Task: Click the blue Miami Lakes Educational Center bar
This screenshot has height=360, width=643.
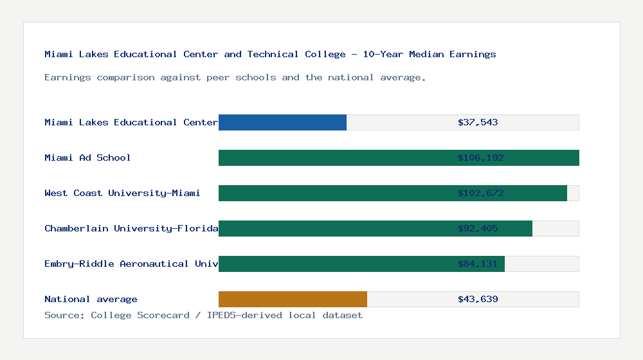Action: (282, 122)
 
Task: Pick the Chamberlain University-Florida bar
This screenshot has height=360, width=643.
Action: (334, 228)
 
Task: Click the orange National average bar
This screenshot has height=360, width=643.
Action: (293, 299)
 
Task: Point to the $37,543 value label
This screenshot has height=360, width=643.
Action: (478, 122)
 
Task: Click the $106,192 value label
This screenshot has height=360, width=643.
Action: (478, 157)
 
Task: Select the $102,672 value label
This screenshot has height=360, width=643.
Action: (478, 193)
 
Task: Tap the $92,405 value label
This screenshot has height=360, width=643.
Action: (478, 228)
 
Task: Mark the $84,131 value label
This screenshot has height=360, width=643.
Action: (478, 264)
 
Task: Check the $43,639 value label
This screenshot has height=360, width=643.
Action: (478, 299)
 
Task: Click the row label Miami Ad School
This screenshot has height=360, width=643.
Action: (87, 157)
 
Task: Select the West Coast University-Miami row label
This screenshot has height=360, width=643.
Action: (122, 193)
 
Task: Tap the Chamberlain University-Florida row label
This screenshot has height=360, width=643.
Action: (131, 228)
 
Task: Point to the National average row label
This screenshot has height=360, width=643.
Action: (91, 299)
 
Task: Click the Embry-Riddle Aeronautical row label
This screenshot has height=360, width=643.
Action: (131, 264)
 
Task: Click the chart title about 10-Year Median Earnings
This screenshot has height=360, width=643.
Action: (270, 54)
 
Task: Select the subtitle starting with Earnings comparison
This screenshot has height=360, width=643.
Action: (235, 77)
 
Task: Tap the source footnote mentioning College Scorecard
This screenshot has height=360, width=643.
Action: (203, 315)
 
